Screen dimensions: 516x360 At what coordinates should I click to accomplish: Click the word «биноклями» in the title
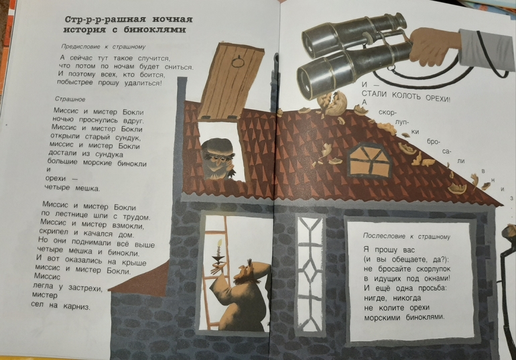[155, 30]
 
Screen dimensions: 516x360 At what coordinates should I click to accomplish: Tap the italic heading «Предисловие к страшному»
[103, 47]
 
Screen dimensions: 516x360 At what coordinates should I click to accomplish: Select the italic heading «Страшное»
[70, 99]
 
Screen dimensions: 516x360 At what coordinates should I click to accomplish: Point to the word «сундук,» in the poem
[128, 137]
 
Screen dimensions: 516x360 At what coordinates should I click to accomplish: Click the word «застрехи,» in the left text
[85, 288]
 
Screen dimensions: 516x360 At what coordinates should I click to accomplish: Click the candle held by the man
[218, 251]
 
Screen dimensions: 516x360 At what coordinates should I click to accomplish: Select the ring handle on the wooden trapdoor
[237, 62]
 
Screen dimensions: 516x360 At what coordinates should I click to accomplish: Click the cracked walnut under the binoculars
[333, 103]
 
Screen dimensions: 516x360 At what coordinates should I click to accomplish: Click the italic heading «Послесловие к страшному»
[406, 236]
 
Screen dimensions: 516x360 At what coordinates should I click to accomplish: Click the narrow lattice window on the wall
[310, 273]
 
